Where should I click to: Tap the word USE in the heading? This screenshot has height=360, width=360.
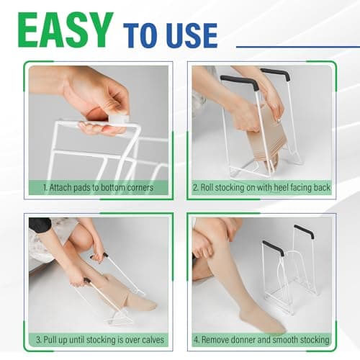(190, 34)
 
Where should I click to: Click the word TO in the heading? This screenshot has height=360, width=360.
(141, 34)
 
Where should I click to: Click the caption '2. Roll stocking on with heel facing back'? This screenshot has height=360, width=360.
(262, 188)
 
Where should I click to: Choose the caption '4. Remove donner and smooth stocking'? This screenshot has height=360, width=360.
(262, 339)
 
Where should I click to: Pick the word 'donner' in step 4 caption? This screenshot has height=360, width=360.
(251, 339)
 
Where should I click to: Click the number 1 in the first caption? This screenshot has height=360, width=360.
(44, 188)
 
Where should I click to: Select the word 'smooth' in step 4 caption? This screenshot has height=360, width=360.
(294, 339)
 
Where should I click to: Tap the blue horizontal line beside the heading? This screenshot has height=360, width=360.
(295, 47)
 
